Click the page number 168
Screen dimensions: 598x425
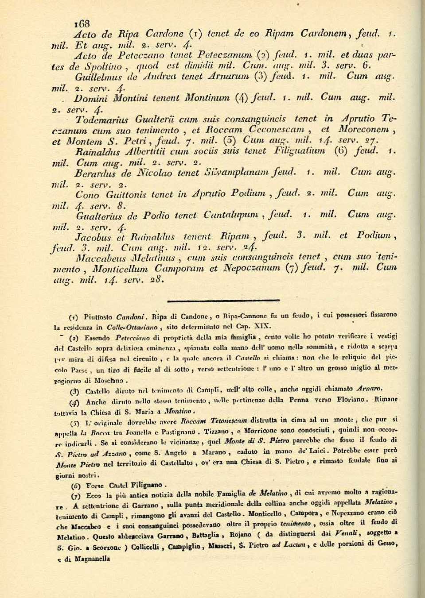(x=82, y=23)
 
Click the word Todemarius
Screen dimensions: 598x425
(x=102, y=120)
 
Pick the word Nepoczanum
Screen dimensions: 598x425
(x=252, y=268)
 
